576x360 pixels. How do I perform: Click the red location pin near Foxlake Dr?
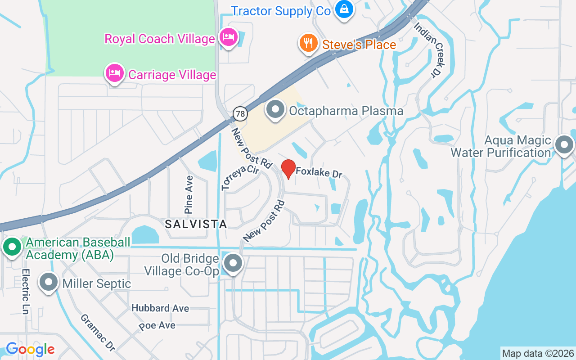(x=288, y=169)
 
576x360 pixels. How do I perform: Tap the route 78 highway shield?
(x=241, y=114)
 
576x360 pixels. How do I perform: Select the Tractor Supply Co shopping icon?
(x=344, y=9)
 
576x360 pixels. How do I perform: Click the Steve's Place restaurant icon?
(x=308, y=43)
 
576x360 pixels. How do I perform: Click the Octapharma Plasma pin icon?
(x=275, y=109)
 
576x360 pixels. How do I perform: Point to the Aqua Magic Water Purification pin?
(x=564, y=144)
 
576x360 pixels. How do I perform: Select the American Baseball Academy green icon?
(x=12, y=247)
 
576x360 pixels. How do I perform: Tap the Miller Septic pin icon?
(x=49, y=282)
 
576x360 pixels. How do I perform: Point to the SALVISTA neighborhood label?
(x=196, y=224)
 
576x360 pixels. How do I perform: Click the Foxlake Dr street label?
(x=322, y=172)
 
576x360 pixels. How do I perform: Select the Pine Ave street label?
(x=189, y=194)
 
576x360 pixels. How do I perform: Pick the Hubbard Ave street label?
(x=160, y=308)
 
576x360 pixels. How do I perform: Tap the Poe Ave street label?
(x=157, y=325)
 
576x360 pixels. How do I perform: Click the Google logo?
(x=30, y=349)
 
